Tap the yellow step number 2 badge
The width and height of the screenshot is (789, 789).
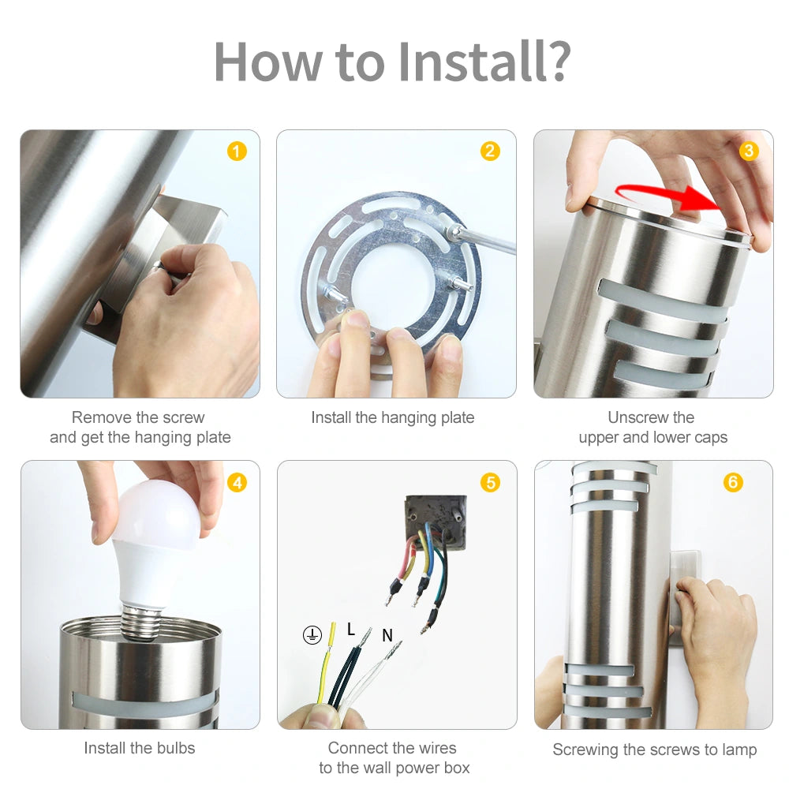[491, 151]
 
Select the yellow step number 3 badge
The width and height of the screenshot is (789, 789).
[749, 151]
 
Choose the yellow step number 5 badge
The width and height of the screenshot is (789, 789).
[491, 482]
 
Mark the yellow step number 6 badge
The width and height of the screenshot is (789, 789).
[733, 482]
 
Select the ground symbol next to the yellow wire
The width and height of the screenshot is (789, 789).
[312, 634]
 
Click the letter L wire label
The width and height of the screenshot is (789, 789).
[351, 630]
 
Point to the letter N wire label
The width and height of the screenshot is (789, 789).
[387, 635]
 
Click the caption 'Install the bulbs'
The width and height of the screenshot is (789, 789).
[140, 748]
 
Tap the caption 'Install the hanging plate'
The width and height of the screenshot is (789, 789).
[393, 417]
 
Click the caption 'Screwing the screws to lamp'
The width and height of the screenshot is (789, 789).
[654, 750]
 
